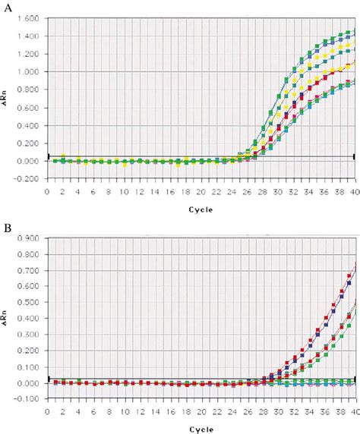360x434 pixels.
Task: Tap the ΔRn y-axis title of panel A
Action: pos(7,99)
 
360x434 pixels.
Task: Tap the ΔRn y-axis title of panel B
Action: pos(7,319)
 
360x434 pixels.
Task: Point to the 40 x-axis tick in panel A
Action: pos(354,193)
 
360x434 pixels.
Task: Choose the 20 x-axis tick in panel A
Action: pos(201,193)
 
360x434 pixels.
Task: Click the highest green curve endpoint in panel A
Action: pos(354,30)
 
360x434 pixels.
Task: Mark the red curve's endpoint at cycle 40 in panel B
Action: pos(355,263)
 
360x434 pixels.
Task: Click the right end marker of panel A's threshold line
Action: pos(354,156)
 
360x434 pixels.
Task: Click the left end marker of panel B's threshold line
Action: pos(48,378)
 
